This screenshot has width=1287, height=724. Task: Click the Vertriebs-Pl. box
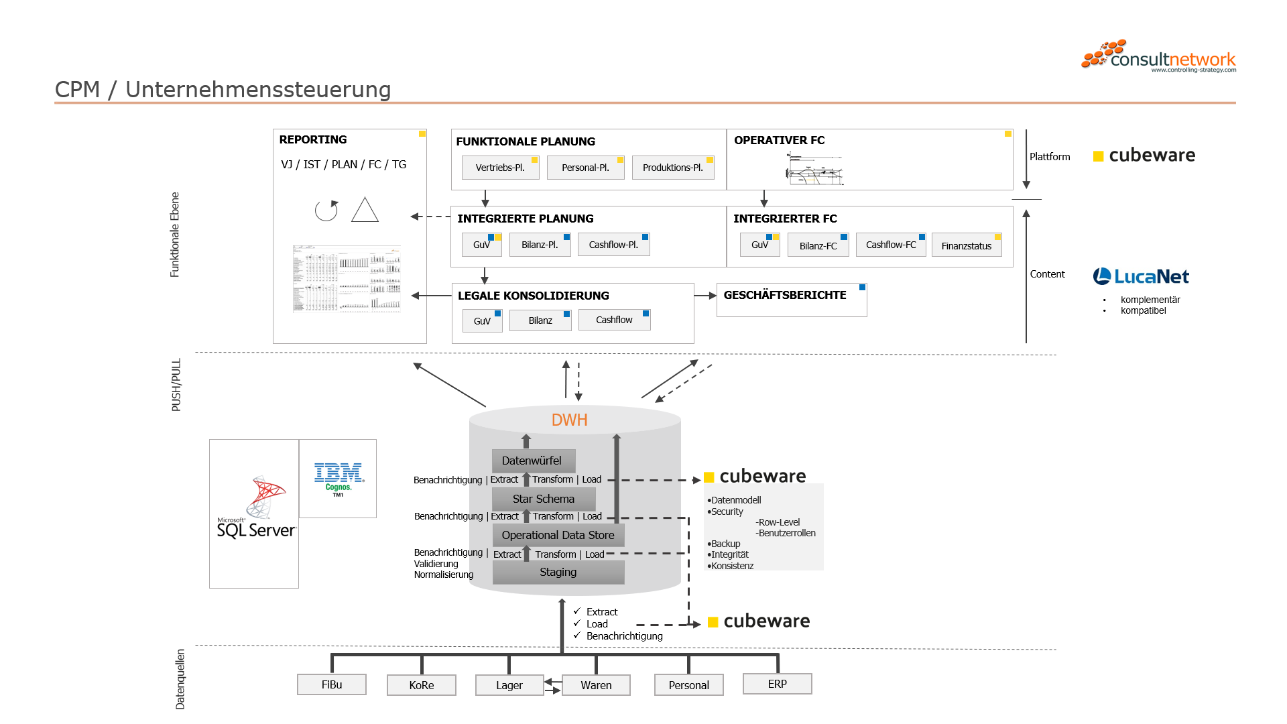click(x=500, y=168)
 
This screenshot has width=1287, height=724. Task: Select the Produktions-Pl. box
click(x=672, y=168)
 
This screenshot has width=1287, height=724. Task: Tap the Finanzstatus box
click(x=966, y=246)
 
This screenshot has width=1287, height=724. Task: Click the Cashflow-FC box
click(x=890, y=245)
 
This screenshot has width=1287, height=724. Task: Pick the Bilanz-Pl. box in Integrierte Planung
click(x=540, y=245)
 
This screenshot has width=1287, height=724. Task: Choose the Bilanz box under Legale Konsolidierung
click(x=540, y=320)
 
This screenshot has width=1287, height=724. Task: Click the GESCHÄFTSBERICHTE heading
click(x=784, y=295)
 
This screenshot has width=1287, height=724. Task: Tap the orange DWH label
click(x=569, y=420)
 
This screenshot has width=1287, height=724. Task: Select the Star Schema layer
click(x=543, y=499)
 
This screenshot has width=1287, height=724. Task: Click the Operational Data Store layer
click(x=558, y=535)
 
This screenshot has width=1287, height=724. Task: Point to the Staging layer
click(x=558, y=572)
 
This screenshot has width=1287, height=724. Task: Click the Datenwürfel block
click(x=532, y=461)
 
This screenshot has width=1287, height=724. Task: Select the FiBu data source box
click(x=331, y=684)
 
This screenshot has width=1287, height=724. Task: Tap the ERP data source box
click(x=777, y=684)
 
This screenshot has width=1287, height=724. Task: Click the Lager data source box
click(x=509, y=685)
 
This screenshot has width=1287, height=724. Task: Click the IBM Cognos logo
click(x=339, y=479)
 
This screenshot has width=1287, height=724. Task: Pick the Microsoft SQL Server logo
click(x=255, y=509)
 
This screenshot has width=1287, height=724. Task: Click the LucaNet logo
click(x=1141, y=276)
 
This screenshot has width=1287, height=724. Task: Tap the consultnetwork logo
click(x=1159, y=56)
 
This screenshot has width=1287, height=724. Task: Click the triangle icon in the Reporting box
click(x=365, y=210)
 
